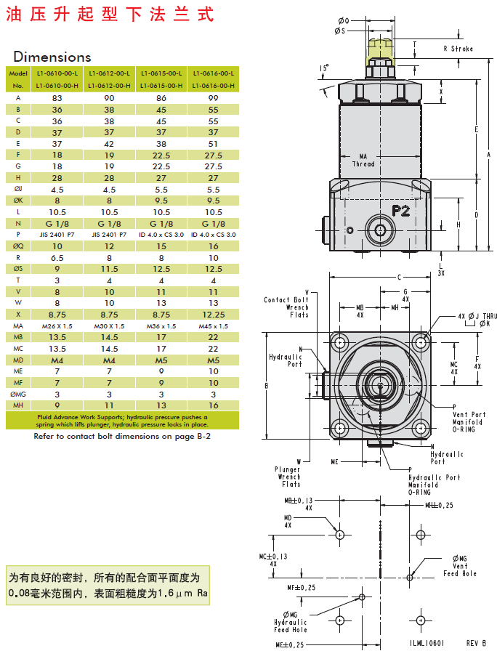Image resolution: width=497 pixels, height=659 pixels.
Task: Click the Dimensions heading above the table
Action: (52, 57)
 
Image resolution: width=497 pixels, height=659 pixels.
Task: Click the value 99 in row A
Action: (213, 97)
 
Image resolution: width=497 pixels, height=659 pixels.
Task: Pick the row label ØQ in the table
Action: (18, 246)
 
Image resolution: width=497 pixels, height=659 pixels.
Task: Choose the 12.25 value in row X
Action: (213, 315)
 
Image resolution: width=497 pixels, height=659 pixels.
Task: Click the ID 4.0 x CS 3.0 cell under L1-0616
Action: (213, 235)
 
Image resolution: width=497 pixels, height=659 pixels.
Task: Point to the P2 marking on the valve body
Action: (402, 211)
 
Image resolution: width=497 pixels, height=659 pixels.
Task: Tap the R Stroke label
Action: (458, 49)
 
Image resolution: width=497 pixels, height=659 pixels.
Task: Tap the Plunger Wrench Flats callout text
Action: (288, 477)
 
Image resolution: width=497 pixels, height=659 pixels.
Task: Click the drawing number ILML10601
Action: (427, 642)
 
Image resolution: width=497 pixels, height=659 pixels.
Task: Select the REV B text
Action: (475, 642)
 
